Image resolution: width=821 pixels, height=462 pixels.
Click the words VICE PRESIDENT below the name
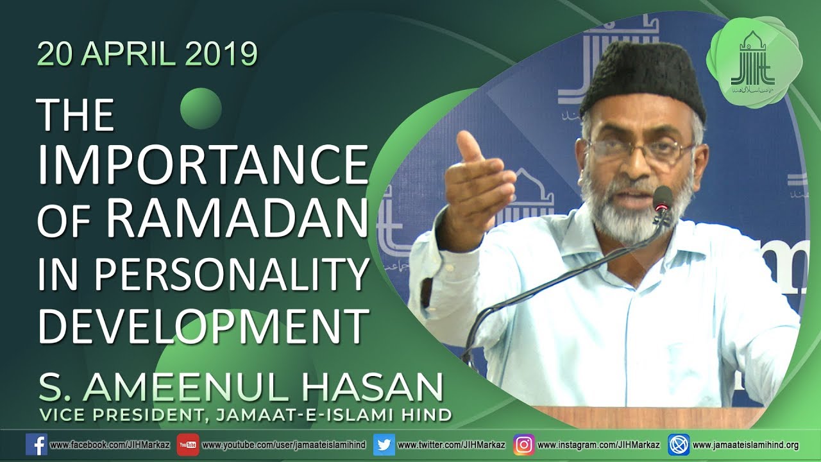click(x=115, y=415)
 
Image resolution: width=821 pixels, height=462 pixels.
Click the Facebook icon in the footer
click(x=36, y=445)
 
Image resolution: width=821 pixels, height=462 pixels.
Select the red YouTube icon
click(x=188, y=445)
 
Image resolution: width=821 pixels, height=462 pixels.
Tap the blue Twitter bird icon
click(x=384, y=445)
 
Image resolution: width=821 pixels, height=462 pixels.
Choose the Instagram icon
click(x=523, y=445)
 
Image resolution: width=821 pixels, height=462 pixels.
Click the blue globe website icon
click(x=678, y=445)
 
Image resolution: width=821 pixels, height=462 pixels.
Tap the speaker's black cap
click(x=643, y=81)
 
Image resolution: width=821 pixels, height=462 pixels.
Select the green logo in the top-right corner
click(x=752, y=61)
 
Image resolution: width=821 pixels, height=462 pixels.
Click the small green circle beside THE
click(x=201, y=108)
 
